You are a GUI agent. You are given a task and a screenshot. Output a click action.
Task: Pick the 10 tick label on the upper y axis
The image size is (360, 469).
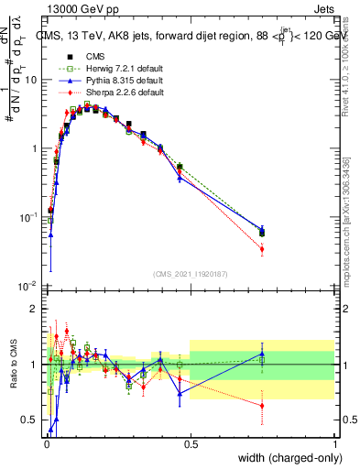pyautogui.click(x=31, y=80)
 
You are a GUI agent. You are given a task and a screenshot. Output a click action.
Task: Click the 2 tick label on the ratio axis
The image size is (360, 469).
pyautogui.click(x=35, y=309)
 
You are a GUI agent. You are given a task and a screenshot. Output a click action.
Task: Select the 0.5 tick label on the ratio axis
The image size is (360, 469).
pyautogui.click(x=29, y=420)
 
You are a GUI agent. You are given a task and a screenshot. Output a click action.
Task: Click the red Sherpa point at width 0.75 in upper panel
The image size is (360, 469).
pyautogui.click(x=262, y=249)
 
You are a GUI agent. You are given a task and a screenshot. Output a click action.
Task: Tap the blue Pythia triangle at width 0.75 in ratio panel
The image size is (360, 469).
pyautogui.click(x=262, y=354)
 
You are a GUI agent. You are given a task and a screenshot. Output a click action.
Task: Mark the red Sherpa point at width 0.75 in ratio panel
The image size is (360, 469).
pyautogui.click(x=262, y=405)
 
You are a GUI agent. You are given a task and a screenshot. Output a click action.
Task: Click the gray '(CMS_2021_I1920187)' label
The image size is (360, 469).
pyautogui.click(x=190, y=273)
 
